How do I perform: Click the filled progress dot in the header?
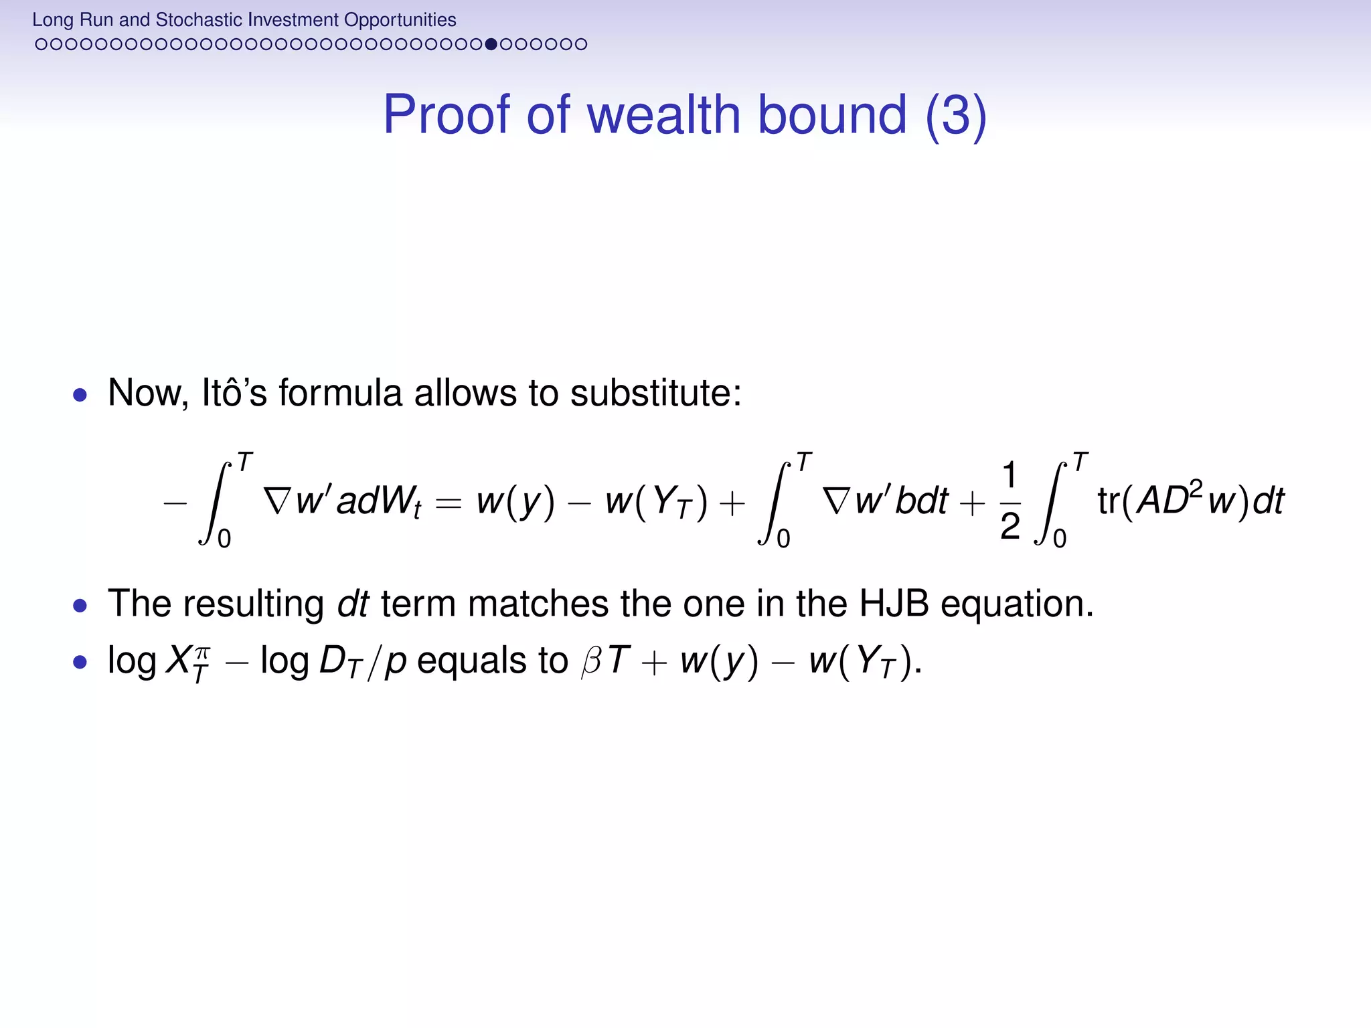pos(491,45)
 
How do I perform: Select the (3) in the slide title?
pos(955,114)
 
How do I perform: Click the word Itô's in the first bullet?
pos(234,393)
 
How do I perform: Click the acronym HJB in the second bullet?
pos(894,604)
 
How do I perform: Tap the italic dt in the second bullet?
pos(353,604)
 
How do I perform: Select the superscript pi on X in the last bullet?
pos(202,652)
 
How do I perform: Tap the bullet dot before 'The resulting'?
pos(80,606)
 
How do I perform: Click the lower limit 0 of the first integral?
pos(224,538)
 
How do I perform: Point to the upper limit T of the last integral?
pos(1080,462)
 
